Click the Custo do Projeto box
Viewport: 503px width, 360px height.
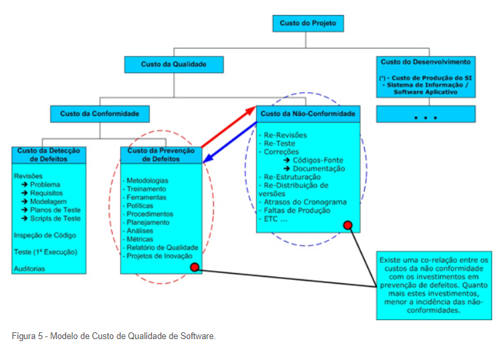click(x=307, y=24)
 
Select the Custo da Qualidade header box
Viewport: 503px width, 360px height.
click(x=173, y=64)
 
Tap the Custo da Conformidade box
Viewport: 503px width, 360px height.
click(x=100, y=114)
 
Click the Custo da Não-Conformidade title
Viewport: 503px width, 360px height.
click(x=307, y=114)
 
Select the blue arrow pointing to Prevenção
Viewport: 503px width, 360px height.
click(x=229, y=144)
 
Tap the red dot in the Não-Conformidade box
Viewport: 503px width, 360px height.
click(x=348, y=224)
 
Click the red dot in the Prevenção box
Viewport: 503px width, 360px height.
click(x=195, y=268)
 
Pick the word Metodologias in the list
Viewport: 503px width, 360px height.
click(x=148, y=181)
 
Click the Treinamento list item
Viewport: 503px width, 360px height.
click(x=146, y=189)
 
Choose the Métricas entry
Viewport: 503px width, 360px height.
click(x=140, y=239)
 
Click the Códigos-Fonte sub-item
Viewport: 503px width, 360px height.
click(x=318, y=160)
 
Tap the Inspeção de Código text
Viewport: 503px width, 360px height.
click(x=45, y=235)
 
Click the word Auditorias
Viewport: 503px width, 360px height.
click(x=30, y=268)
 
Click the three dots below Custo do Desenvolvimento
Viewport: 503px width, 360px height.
click(x=426, y=117)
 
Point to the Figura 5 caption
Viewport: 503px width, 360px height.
click(x=114, y=336)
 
